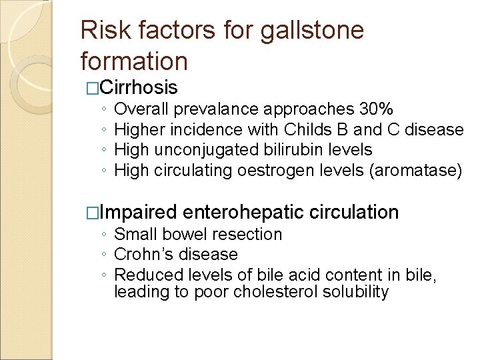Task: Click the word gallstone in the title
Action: tap(313, 30)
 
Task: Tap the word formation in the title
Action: tap(134, 61)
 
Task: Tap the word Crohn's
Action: tap(141, 255)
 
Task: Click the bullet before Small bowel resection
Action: tap(105, 235)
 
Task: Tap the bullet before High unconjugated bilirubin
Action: tap(105, 151)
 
